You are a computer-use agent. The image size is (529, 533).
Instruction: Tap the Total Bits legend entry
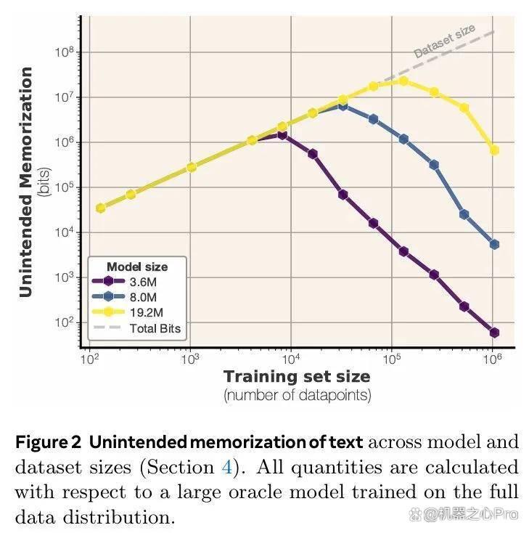coord(136,328)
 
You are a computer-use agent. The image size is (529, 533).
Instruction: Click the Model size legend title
coord(137,266)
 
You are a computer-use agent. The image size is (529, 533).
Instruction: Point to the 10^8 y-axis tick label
coord(64,52)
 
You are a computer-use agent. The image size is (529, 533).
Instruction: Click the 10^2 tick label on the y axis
coord(64,322)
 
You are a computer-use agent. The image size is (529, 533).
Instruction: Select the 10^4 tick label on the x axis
coord(291,359)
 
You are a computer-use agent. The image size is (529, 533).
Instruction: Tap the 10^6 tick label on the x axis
coord(491,359)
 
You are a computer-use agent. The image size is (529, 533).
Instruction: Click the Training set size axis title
coord(297,377)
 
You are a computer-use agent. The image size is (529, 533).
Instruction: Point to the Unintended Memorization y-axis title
coord(26,182)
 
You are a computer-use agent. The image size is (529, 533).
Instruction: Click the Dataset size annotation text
coord(444,41)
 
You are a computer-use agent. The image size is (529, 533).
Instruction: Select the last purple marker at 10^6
coord(494,333)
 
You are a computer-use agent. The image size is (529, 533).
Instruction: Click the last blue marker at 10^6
coord(494,244)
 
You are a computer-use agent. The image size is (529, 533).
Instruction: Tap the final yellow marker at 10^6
coord(494,150)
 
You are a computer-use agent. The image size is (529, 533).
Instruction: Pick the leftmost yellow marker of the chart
coord(100,208)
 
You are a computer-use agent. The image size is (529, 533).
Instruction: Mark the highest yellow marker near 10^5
coord(403,81)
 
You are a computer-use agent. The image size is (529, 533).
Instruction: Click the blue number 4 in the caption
coord(227,467)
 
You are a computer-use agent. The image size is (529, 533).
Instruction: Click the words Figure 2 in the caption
coord(48,442)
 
